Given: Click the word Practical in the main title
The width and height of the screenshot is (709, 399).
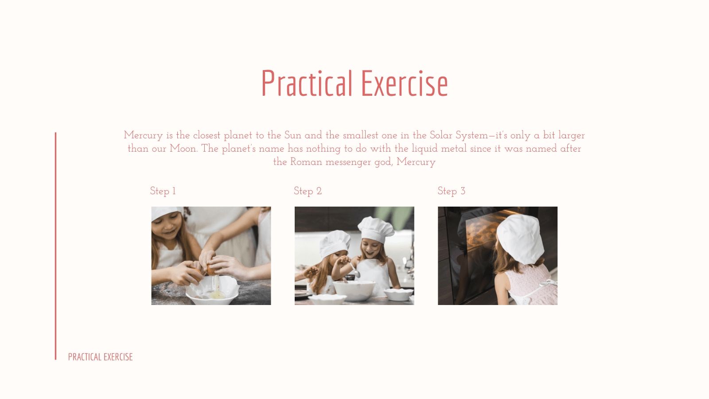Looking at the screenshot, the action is (307, 83).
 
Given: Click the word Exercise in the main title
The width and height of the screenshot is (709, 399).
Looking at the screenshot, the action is (405, 83).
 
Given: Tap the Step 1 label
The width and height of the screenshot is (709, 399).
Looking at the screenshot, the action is (163, 191).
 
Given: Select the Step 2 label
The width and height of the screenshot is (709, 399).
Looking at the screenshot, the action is (308, 191).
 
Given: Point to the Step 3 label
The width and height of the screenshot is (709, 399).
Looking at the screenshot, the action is (452, 191).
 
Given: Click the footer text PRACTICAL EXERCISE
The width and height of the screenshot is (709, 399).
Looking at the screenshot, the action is (100, 357).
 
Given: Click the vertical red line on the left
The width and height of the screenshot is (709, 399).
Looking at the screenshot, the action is (56, 246).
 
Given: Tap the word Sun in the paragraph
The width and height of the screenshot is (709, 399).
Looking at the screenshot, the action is (293, 135).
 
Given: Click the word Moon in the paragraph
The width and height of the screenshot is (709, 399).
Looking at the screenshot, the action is (183, 149).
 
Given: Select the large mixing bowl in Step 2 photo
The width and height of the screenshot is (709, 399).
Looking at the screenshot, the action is (354, 290).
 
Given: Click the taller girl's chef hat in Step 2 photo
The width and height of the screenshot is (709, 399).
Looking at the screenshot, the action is (376, 229).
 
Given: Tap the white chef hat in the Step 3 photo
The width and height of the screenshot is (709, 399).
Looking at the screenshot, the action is (521, 239).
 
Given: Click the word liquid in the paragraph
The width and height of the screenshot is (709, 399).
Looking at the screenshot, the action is (425, 149).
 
